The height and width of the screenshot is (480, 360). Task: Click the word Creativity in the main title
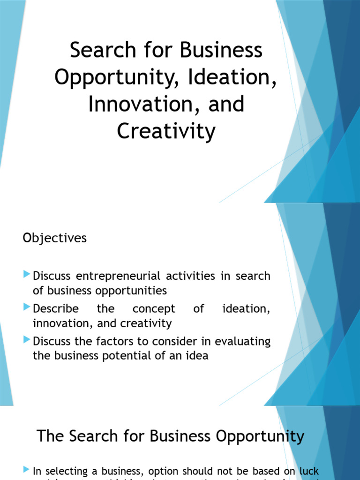166,131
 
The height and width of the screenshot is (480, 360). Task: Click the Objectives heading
55,238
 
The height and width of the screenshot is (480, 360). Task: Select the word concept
154,309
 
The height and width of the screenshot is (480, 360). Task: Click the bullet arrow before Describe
27,307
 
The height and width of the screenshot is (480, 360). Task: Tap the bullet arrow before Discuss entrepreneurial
27,274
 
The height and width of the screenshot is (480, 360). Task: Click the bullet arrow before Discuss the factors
27,340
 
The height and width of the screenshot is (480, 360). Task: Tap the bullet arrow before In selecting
27,469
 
